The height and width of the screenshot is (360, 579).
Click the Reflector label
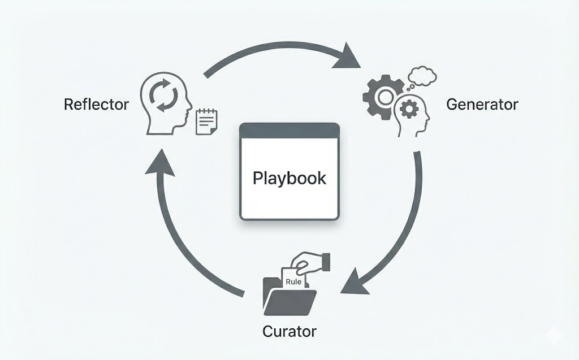click(x=96, y=105)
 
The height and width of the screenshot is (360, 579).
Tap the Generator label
click(x=482, y=105)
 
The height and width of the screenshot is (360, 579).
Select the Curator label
click(x=289, y=331)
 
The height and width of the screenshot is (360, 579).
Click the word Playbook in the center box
click(x=289, y=178)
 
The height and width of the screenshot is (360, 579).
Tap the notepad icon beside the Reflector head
click(x=206, y=122)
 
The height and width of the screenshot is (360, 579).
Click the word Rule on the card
click(x=293, y=281)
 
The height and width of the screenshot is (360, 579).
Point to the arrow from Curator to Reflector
click(x=181, y=237)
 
